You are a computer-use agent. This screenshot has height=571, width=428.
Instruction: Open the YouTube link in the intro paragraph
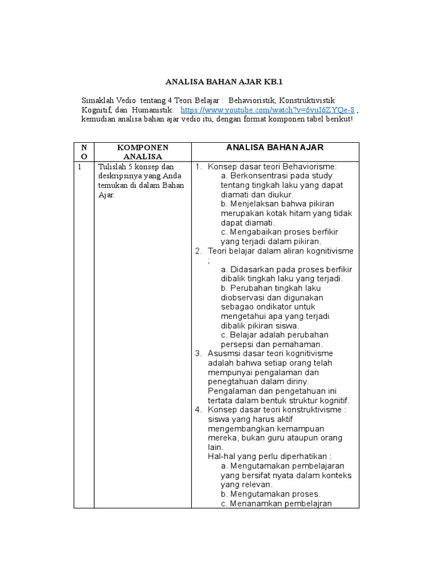(x=267, y=110)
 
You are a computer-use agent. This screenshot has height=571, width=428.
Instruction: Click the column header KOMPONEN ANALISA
(x=142, y=152)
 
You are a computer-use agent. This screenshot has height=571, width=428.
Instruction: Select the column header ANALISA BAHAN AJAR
(x=275, y=147)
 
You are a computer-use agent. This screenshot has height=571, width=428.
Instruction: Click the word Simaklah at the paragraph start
(x=99, y=100)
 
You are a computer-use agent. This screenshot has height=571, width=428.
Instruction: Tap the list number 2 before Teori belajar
(x=198, y=251)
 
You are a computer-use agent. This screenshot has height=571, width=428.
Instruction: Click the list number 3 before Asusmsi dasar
(x=198, y=354)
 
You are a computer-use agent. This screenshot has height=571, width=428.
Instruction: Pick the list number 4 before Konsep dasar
(x=198, y=410)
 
